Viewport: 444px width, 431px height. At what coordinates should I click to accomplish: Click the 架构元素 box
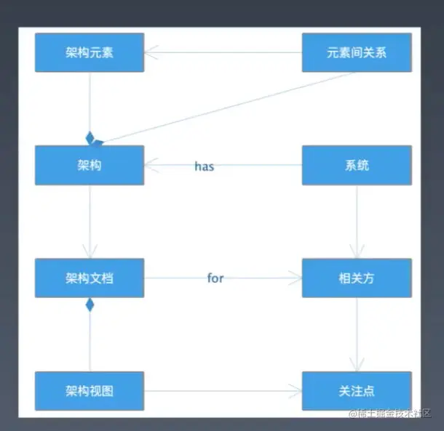89,52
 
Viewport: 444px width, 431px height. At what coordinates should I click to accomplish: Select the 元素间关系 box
357,52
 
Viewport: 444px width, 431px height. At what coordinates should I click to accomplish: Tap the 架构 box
89,165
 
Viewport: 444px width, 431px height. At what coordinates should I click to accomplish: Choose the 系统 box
357,165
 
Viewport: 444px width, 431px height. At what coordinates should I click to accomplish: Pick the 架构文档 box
89,278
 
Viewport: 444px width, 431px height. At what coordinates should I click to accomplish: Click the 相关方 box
357,278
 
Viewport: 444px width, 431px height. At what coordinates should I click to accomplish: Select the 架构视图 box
89,390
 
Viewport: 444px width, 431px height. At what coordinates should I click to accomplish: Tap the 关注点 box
357,390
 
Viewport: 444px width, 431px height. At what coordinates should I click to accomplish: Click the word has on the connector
204,166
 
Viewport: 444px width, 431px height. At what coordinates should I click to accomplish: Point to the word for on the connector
215,278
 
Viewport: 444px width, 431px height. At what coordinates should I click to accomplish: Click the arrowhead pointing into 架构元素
149,52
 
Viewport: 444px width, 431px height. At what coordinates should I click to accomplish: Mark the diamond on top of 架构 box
90,138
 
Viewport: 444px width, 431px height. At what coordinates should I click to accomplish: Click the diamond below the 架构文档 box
90,305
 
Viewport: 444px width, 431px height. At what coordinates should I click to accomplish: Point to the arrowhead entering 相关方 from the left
297,278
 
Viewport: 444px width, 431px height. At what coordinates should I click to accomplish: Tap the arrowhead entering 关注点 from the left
297,390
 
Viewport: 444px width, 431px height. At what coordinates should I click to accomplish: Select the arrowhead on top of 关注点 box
357,366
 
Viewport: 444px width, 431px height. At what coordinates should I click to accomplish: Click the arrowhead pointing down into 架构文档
90,253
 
